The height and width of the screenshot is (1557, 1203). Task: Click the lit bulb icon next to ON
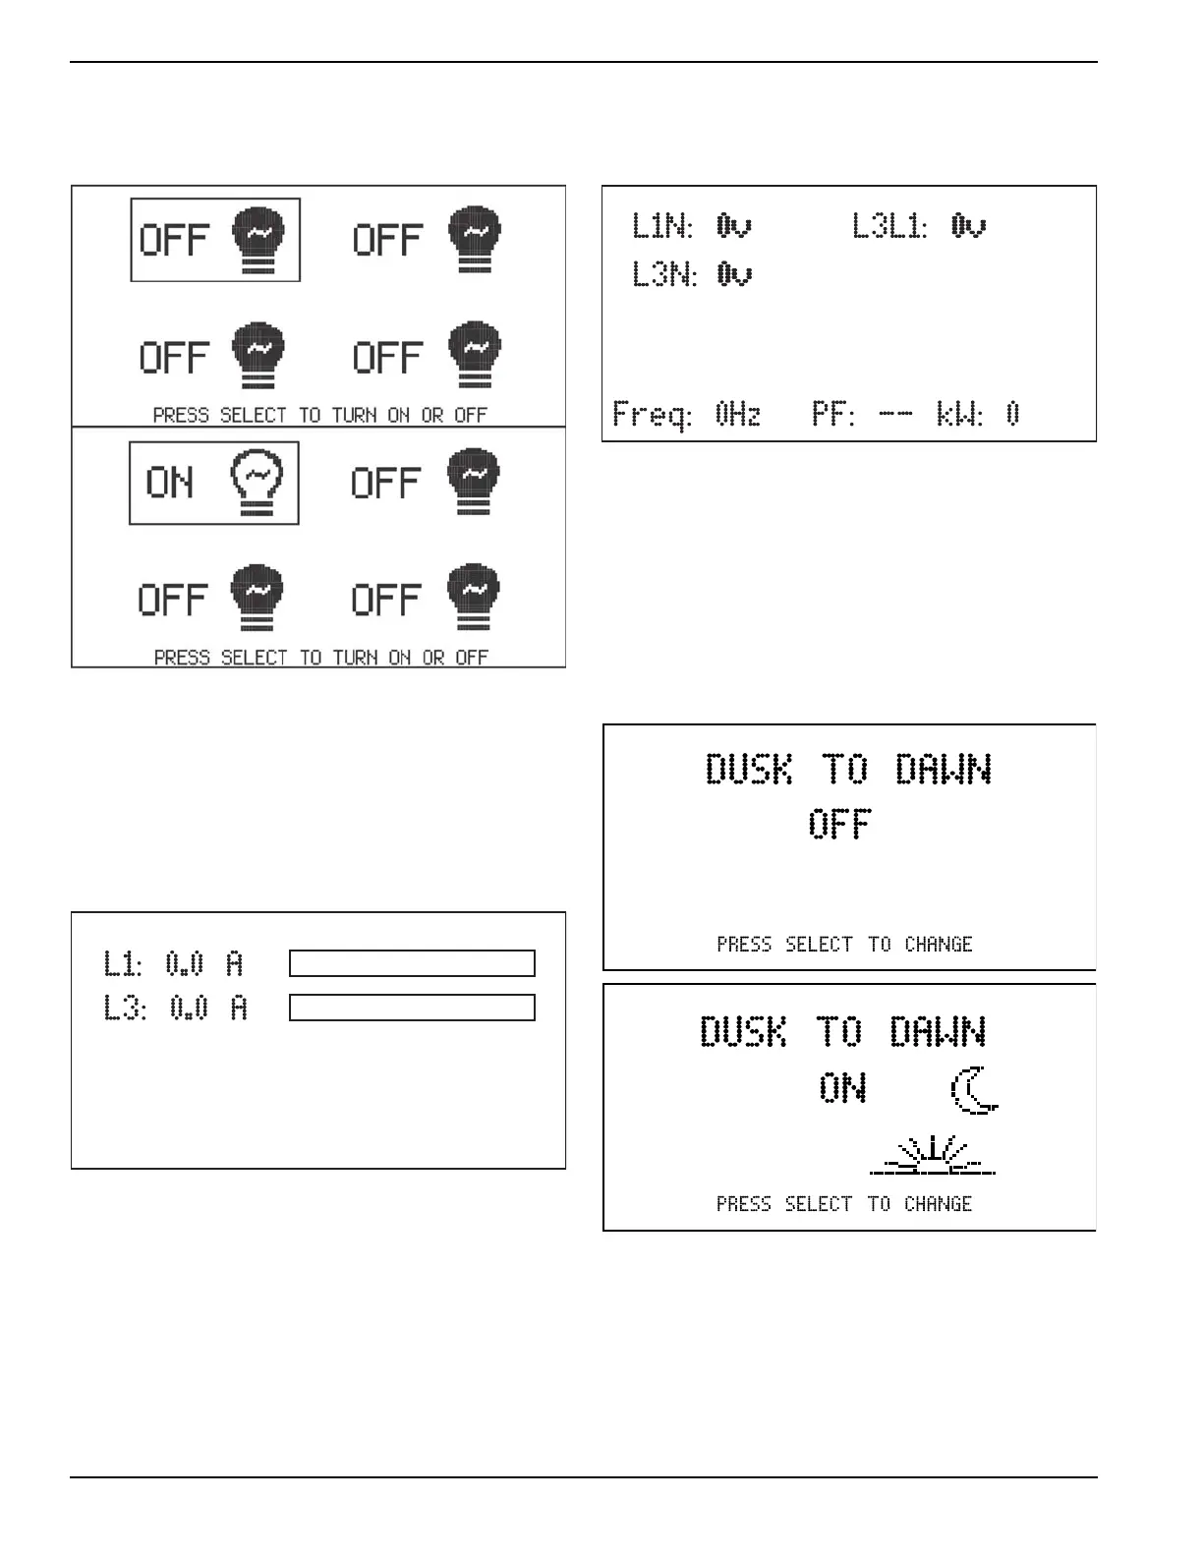[257, 482]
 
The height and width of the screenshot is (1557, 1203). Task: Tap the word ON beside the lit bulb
[170, 483]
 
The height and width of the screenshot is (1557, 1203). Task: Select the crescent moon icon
[974, 1091]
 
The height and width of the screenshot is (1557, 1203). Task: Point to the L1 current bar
[412, 963]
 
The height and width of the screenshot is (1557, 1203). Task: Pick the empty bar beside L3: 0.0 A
[412, 1008]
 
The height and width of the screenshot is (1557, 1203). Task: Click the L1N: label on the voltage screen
[662, 227]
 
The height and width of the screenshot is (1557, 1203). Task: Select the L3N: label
[664, 274]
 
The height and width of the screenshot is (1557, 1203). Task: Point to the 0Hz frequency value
[738, 415]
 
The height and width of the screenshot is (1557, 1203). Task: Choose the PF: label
[833, 415]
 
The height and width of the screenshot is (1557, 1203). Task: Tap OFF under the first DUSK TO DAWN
[839, 824]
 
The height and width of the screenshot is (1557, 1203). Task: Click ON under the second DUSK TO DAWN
[842, 1088]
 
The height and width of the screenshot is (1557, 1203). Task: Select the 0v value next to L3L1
[968, 227]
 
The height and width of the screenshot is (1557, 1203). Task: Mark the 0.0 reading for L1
[185, 964]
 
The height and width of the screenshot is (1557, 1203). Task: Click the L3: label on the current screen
[126, 1009]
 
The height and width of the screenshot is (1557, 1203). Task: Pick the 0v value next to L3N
[734, 274]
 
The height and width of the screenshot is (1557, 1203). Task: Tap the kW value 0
[1013, 415]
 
